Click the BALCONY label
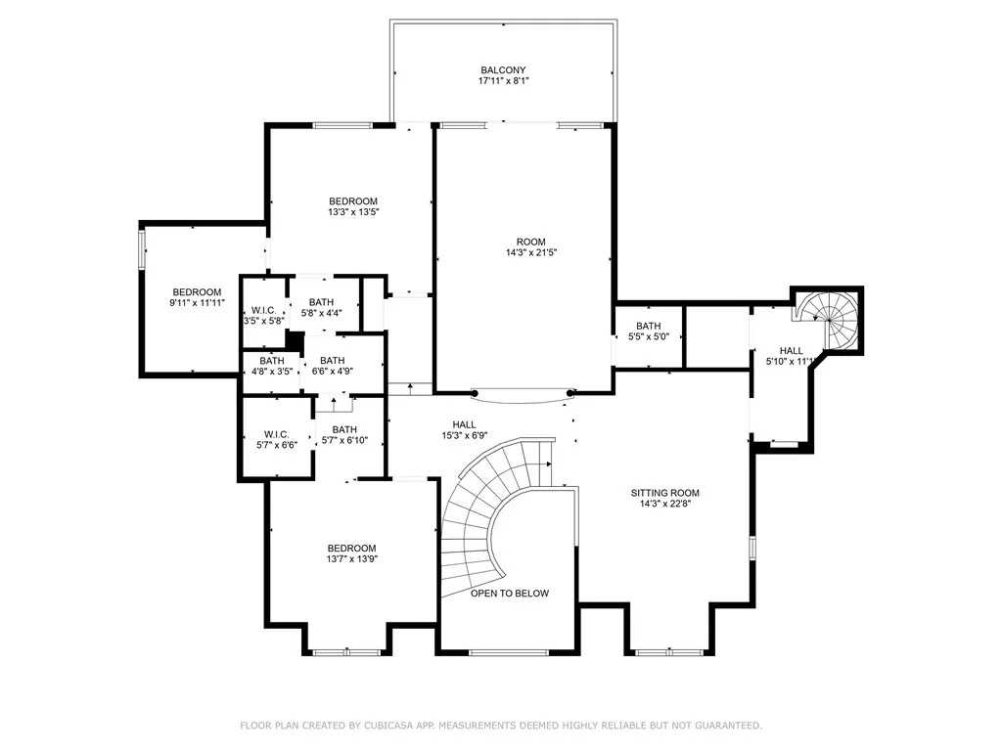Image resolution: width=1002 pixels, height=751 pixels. point(503,70)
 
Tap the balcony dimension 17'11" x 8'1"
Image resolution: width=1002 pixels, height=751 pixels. point(504,81)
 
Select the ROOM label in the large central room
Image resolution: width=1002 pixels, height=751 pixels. point(531,243)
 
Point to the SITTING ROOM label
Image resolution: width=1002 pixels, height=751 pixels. point(664,493)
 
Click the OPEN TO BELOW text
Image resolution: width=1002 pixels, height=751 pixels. point(509,594)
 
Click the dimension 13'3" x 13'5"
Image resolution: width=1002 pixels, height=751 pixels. point(353,212)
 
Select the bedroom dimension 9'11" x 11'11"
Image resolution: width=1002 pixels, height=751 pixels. point(197,303)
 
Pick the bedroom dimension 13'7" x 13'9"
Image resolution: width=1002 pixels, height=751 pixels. point(351,558)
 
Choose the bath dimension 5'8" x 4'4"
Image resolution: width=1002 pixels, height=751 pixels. point(321,314)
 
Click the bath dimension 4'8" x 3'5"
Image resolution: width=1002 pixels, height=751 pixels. point(272,371)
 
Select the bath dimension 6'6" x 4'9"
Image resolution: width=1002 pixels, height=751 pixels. point(333,371)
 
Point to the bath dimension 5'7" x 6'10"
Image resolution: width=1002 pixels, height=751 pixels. point(344,440)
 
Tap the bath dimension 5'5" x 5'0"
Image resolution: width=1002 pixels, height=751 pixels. point(648,336)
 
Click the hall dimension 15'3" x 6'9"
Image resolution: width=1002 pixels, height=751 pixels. point(464,435)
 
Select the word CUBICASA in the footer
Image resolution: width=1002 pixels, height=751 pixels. point(387,726)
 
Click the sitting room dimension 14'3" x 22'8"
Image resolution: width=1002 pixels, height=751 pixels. point(665,504)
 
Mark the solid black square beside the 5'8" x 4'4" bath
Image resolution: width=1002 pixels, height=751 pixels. point(294,340)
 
